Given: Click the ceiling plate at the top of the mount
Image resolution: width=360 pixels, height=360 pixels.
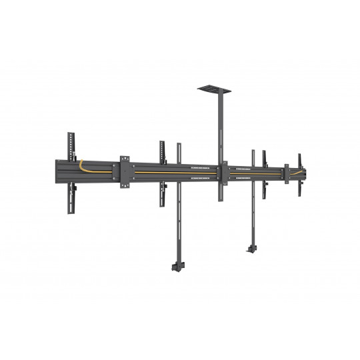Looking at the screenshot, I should (x=212, y=87).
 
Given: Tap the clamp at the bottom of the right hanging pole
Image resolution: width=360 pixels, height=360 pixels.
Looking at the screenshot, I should (x=251, y=247).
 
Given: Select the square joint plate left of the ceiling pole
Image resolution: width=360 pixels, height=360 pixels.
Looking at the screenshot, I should (x=125, y=171).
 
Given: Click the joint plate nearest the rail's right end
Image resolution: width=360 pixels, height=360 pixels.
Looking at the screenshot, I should (x=287, y=173).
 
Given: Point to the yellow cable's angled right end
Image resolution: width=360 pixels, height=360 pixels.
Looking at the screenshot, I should (x=301, y=172).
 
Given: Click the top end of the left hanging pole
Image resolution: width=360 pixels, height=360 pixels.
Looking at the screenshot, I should (x=178, y=145).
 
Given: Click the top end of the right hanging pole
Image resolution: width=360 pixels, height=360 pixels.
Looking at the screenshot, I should (x=253, y=151).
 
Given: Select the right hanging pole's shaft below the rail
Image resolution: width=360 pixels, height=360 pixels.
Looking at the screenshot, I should (x=253, y=213).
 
